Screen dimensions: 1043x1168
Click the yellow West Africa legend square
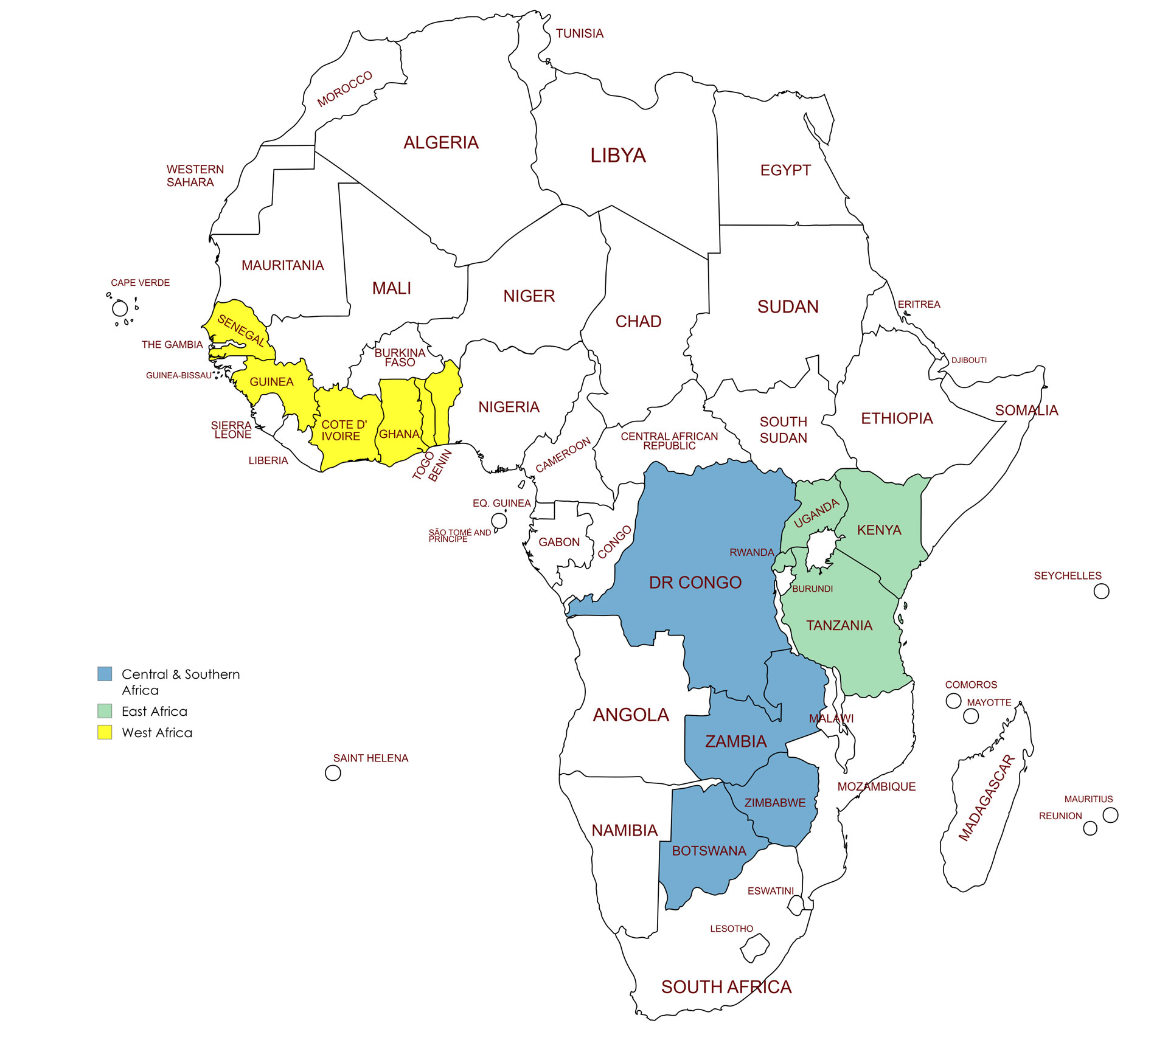pyautogui.click(x=105, y=732)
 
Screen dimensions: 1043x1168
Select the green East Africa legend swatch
pyautogui.click(x=105, y=711)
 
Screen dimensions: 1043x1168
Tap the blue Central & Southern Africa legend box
pyautogui.click(x=105, y=673)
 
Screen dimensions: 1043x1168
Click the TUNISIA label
pyautogui.click(x=579, y=33)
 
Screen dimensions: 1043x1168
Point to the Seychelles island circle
pyautogui.click(x=1101, y=591)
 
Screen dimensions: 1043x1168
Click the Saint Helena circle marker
pyautogui.click(x=333, y=773)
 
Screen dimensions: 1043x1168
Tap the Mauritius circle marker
pyautogui.click(x=1110, y=815)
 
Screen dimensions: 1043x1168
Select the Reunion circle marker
pyautogui.click(x=1090, y=828)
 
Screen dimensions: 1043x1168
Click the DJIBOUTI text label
pyautogui.click(x=968, y=360)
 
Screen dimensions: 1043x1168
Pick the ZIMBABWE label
pyautogui.click(x=774, y=803)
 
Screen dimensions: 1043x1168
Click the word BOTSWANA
pyautogui.click(x=709, y=851)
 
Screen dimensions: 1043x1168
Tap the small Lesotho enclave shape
pyautogui.click(x=754, y=948)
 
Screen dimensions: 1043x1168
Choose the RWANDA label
pyautogui.click(x=751, y=552)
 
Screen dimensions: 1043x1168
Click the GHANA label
pyautogui.click(x=399, y=434)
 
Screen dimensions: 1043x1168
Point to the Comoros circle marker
pyautogui.click(x=953, y=701)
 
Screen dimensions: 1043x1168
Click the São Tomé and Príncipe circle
pyautogui.click(x=499, y=521)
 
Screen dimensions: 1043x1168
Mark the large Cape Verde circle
pyautogui.click(x=120, y=308)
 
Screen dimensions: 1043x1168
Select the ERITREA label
pyautogui.click(x=919, y=304)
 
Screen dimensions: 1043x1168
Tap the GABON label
pyautogui.click(x=558, y=542)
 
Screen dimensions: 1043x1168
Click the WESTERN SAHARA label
pyautogui.click(x=195, y=176)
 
